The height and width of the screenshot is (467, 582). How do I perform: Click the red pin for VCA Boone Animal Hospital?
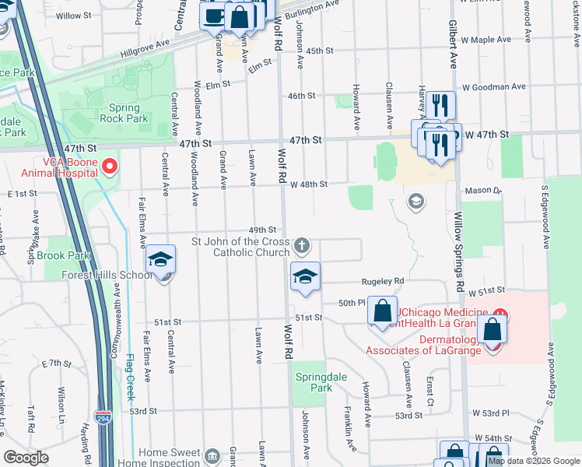110,166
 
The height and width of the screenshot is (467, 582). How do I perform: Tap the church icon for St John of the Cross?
303,247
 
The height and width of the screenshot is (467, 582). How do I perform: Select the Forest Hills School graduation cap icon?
160,259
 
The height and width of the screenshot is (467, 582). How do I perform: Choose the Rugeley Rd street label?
382,281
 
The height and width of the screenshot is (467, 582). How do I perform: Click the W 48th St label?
309,184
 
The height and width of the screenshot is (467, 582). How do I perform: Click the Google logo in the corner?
26,458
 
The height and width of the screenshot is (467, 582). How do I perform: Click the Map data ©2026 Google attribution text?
534,461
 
